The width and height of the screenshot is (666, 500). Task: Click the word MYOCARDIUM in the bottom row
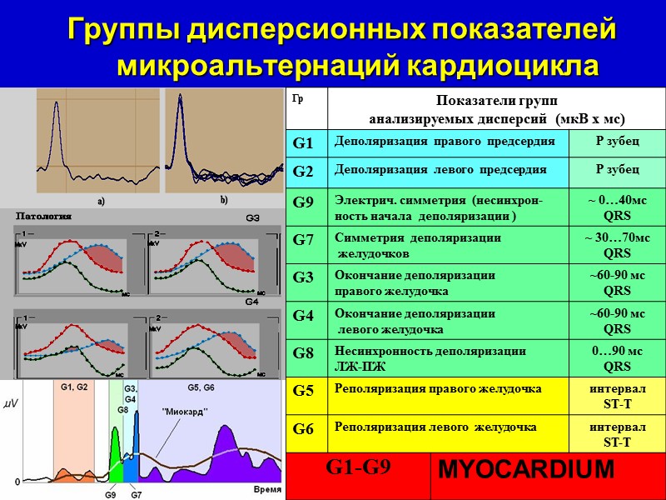525,469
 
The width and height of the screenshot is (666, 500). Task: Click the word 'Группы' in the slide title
122,30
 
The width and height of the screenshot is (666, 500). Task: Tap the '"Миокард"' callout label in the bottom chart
185,411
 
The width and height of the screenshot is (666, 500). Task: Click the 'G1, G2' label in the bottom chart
74,387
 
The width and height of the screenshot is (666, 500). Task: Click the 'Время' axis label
267,488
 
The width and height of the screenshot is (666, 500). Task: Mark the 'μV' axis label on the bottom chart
11,402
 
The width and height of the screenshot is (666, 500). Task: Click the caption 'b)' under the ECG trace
223,201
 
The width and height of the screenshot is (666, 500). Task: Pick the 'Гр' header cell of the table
297,98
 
